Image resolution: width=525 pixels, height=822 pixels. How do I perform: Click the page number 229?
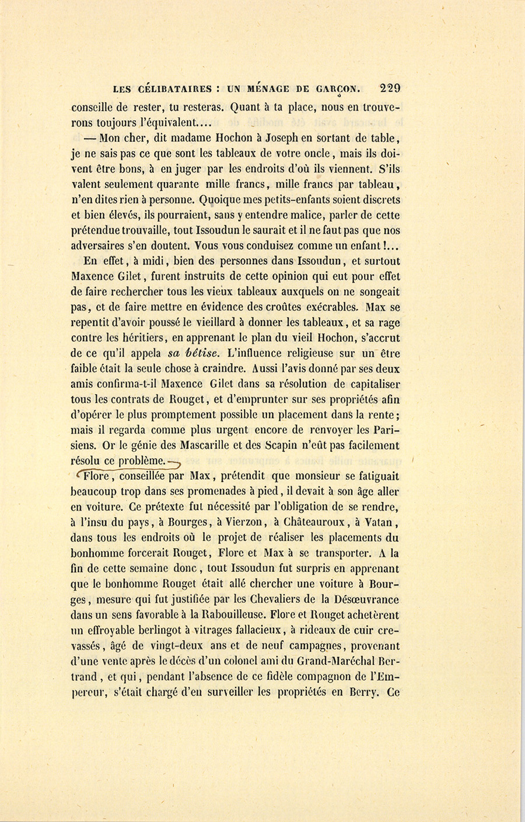tap(390, 89)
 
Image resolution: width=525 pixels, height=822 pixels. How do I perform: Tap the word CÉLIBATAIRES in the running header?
tap(171, 90)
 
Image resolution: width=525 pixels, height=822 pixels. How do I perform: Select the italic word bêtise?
tap(203, 353)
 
